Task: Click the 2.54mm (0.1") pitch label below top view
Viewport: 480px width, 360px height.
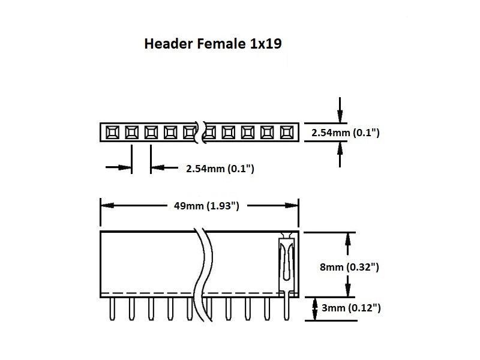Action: [220, 169]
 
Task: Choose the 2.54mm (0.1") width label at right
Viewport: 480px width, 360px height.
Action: [345, 132]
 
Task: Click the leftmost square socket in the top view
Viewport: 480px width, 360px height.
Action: [112, 131]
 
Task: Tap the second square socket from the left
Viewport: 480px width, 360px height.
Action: [131, 131]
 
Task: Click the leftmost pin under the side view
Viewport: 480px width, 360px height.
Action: [112, 309]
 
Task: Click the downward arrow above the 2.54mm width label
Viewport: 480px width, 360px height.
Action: [340, 116]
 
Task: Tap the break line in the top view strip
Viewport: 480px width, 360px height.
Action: [200, 132]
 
